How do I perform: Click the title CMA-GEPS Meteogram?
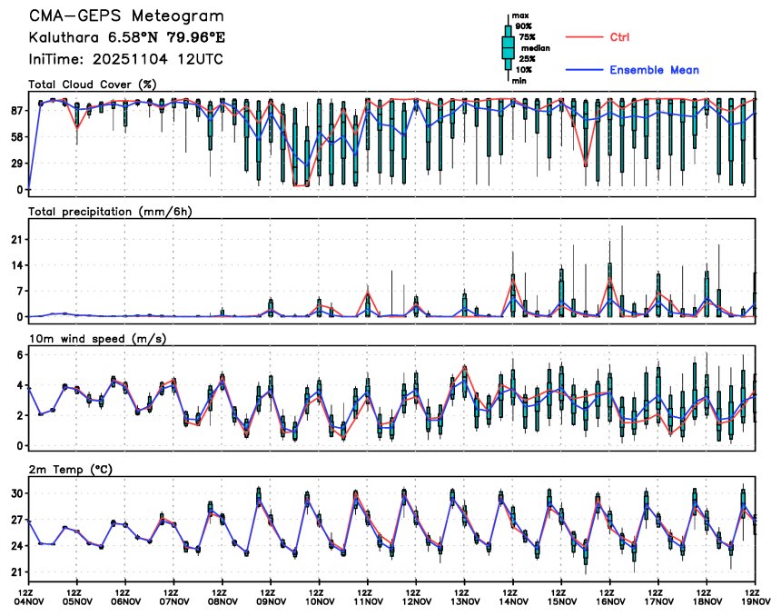pyautogui.click(x=125, y=16)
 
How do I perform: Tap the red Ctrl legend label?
pyautogui.click(x=619, y=37)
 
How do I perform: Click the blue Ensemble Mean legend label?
pyautogui.click(x=654, y=71)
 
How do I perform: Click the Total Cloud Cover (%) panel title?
pyautogui.click(x=92, y=84)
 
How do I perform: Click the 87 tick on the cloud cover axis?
pyautogui.click(x=17, y=111)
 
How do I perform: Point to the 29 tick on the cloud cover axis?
pyautogui.click(x=17, y=164)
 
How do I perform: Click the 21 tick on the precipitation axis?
pyautogui.click(x=17, y=239)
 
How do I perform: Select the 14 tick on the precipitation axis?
pyautogui.click(x=17, y=265)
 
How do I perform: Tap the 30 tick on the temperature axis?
pyautogui.click(x=17, y=493)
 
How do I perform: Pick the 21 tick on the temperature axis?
pyautogui.click(x=17, y=572)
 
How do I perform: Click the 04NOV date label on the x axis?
pyautogui.click(x=29, y=601)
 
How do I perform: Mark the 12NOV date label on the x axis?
pyautogui.click(x=417, y=601)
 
